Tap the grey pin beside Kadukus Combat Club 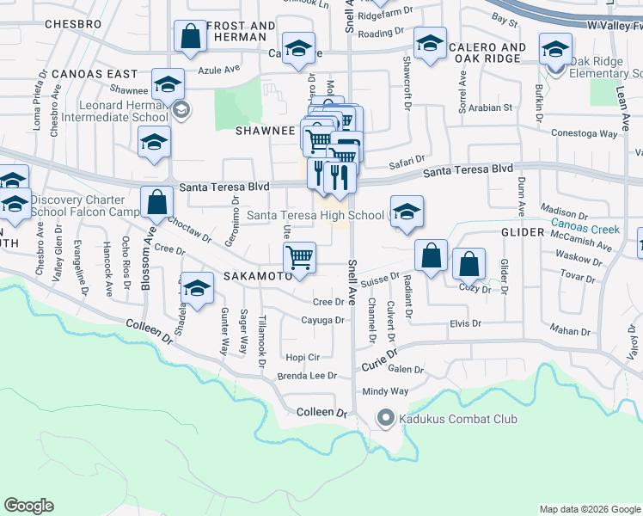click(x=384, y=420)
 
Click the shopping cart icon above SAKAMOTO click(x=300, y=257)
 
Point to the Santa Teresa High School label click(x=315, y=215)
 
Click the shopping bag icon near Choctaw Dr click(x=158, y=204)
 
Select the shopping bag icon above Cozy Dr click(x=468, y=264)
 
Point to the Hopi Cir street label click(x=303, y=357)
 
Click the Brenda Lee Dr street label click(x=307, y=376)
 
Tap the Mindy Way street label click(x=385, y=391)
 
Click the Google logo click(x=29, y=506)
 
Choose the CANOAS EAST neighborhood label click(x=95, y=74)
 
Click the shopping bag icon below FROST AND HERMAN click(x=190, y=37)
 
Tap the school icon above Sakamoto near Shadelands click(x=197, y=290)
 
